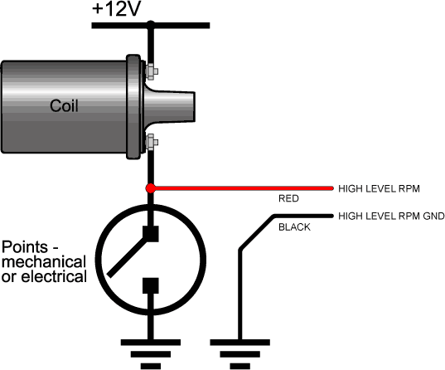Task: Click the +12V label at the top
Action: click(116, 9)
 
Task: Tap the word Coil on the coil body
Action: click(64, 105)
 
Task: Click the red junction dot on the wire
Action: click(151, 188)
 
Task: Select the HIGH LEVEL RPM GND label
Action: click(391, 217)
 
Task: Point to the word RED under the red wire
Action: click(288, 198)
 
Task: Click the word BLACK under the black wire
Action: click(294, 227)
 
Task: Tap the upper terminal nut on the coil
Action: click(152, 71)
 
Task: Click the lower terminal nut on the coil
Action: click(152, 142)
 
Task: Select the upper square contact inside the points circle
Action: click(151, 234)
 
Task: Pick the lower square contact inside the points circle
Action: click(151, 285)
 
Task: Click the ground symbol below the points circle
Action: click(151, 354)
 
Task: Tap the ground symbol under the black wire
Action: click(239, 354)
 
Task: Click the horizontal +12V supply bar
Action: click(151, 26)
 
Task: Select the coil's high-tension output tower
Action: click(170, 106)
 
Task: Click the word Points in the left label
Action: click(25, 247)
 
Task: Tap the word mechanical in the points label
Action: click(44, 262)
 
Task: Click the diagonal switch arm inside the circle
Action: click(128, 257)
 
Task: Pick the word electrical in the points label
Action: click(54, 276)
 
